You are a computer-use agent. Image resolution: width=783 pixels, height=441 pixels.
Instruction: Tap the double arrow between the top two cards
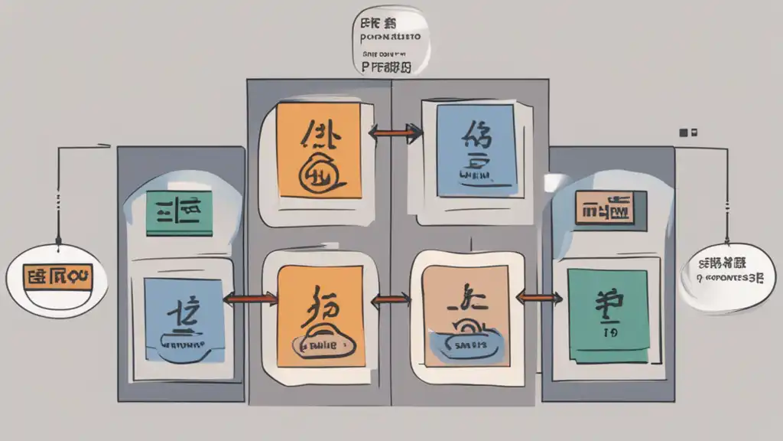[x=395, y=132]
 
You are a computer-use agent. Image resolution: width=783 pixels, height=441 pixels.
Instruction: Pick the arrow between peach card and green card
[x=539, y=296]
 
